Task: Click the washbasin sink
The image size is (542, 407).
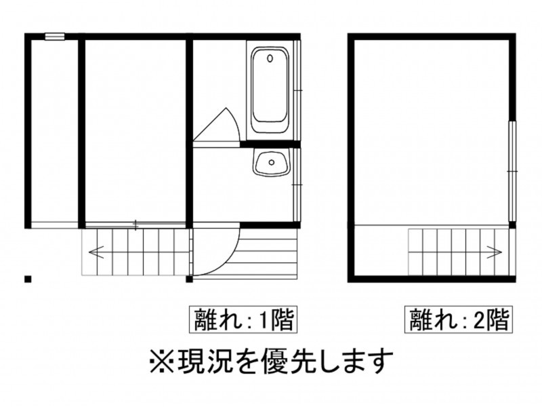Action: (x=271, y=163)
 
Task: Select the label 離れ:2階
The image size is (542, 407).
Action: (x=457, y=319)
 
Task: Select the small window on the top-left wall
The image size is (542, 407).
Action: (x=55, y=37)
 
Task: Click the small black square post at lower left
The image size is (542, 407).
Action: (x=28, y=278)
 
